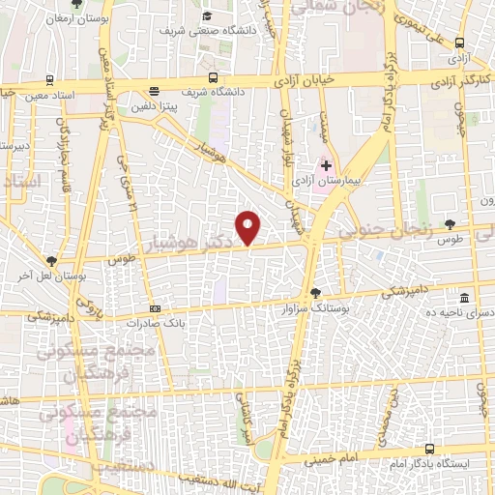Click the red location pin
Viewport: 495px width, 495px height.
[x=249, y=227]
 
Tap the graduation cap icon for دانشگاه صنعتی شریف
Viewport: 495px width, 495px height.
[x=208, y=16]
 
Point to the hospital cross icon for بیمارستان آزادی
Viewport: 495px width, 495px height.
[x=327, y=165]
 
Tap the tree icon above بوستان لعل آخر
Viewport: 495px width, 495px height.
[x=51, y=260]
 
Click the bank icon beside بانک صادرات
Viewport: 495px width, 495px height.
[x=156, y=309]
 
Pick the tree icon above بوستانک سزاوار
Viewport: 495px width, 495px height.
[x=314, y=293]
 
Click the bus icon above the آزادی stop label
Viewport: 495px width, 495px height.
[x=458, y=43]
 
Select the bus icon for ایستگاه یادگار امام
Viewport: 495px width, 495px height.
[x=430, y=448]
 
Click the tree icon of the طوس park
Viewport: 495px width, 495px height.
[x=450, y=223]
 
